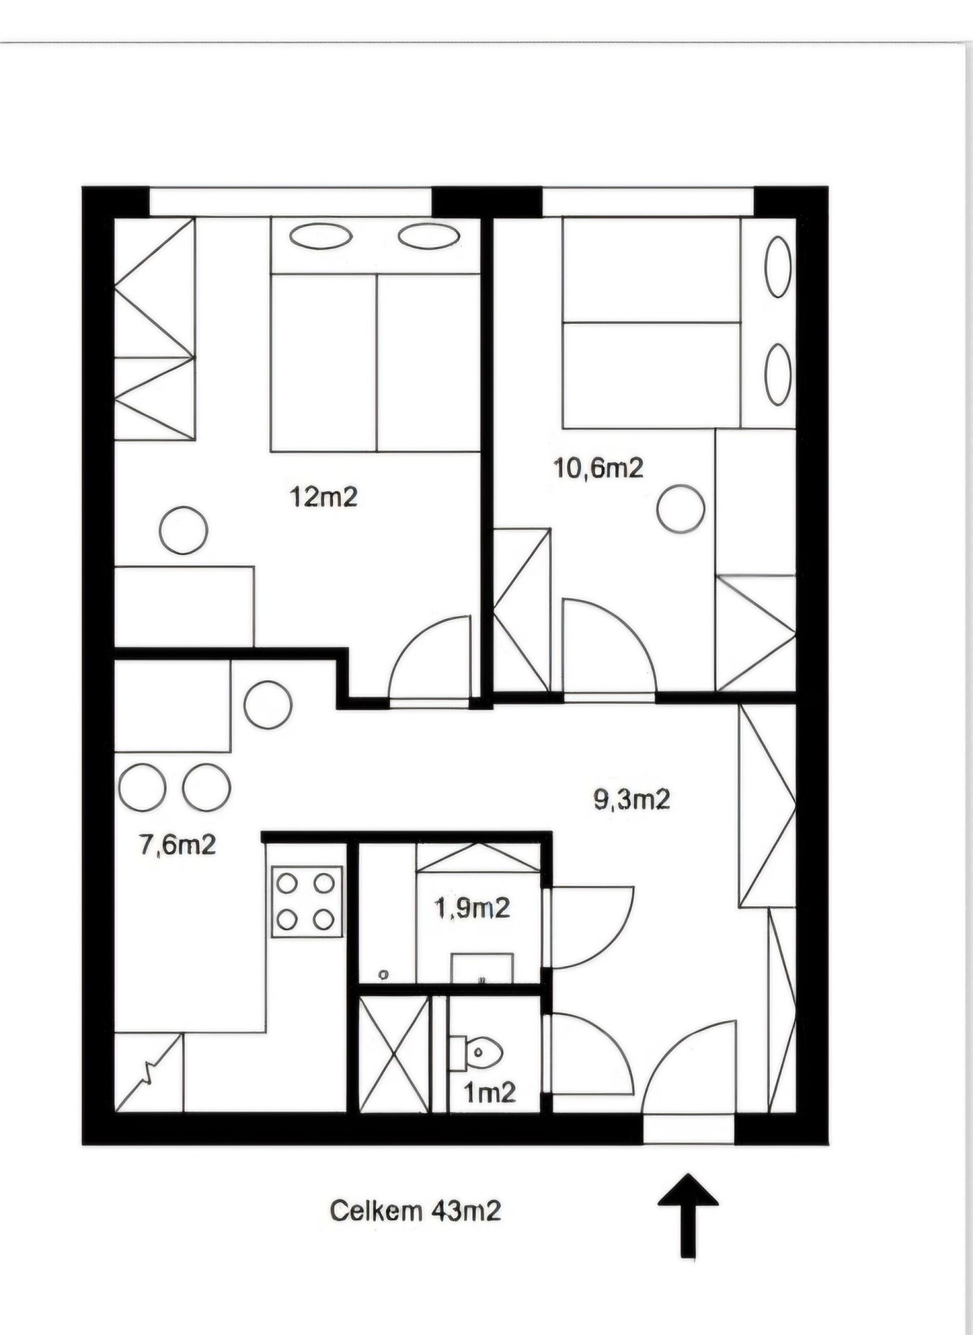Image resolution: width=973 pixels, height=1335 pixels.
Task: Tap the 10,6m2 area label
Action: [x=598, y=467]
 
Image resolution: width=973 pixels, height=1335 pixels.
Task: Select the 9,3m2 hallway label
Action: [x=632, y=800]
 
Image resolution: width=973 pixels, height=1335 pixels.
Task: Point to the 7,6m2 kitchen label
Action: [x=178, y=845]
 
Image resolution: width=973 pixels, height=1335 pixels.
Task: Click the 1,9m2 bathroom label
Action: [x=473, y=907]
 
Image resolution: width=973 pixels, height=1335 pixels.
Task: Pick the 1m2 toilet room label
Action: [x=490, y=1093]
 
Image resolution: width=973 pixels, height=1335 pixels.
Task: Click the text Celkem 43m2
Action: [x=415, y=1211]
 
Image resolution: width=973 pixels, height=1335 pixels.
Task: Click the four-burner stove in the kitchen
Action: [x=306, y=902]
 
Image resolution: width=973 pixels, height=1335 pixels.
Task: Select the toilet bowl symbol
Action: [x=476, y=1053]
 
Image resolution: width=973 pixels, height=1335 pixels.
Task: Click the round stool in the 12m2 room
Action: [x=183, y=531]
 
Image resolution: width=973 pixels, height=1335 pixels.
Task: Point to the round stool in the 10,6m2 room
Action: [x=681, y=509]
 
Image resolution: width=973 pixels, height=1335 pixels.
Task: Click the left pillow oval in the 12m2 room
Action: [x=320, y=236]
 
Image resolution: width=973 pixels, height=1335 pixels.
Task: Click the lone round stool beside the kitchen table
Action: [x=268, y=704]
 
